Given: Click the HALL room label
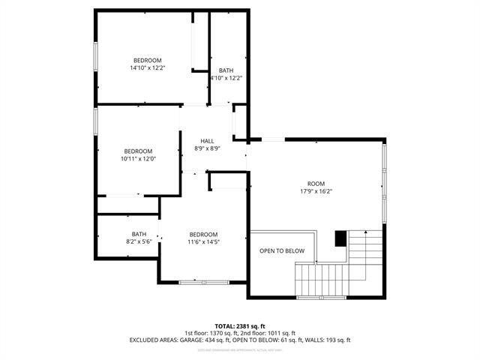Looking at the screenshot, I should (207, 141).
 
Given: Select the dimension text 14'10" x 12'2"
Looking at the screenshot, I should (147, 68).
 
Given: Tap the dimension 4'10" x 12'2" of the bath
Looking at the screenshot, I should (225, 77).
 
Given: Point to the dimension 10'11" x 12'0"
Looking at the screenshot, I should (138, 158).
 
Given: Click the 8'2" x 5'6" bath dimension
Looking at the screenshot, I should (139, 241).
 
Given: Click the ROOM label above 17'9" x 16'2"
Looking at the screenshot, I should (316, 183).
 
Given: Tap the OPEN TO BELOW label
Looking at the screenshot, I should (282, 250).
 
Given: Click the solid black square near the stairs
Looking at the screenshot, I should (340, 238).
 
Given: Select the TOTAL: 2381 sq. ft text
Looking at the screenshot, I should (240, 326).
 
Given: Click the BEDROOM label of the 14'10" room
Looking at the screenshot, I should (147, 60).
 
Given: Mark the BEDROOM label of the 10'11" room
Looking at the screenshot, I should (138, 150).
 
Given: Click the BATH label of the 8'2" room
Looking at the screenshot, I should (139, 233).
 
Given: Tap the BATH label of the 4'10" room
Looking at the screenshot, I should (225, 70).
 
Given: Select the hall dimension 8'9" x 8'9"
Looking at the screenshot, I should (207, 148).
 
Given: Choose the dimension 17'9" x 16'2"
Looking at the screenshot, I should (316, 191).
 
